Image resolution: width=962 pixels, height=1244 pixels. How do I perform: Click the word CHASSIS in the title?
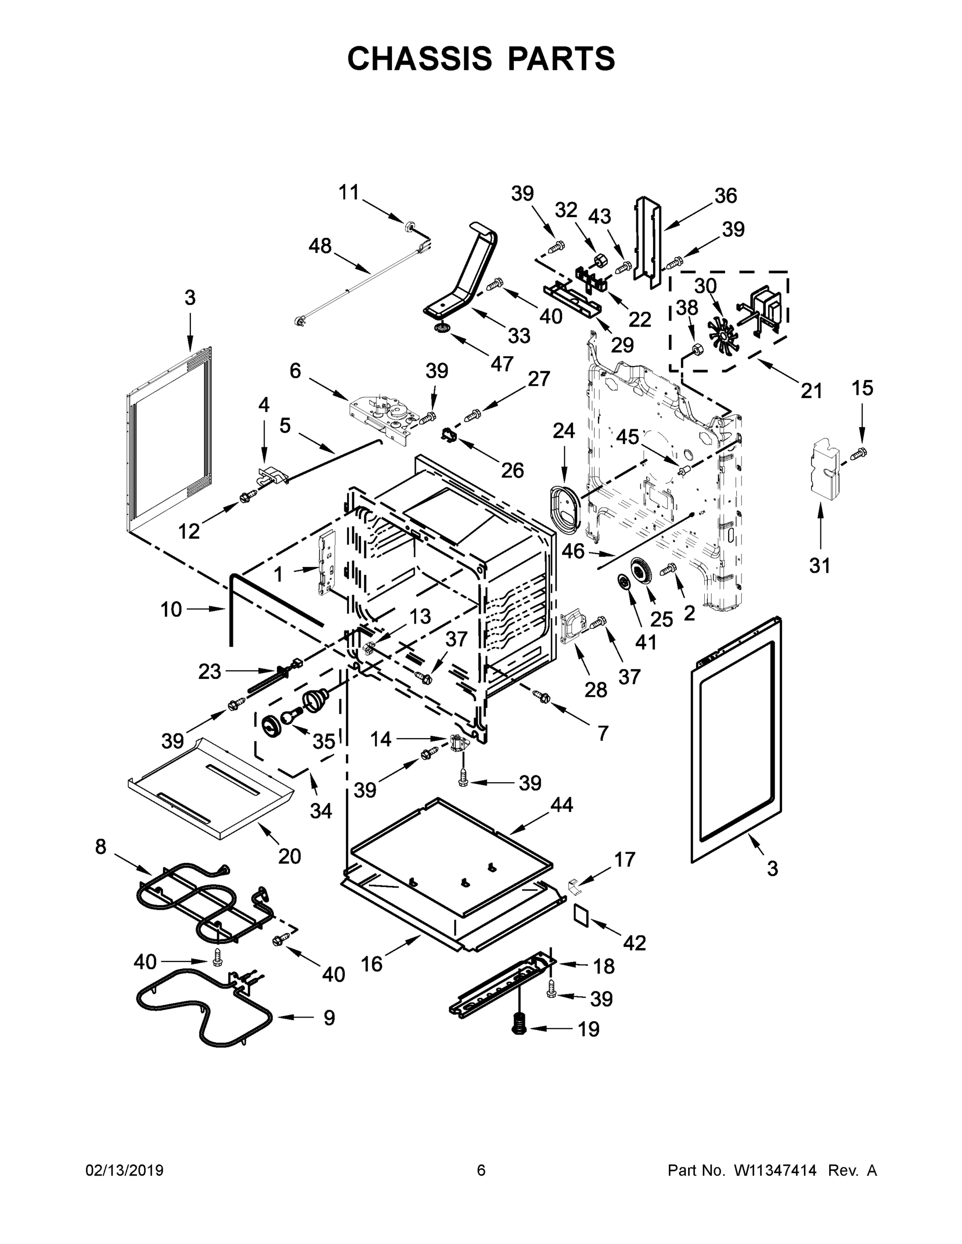pos(420,59)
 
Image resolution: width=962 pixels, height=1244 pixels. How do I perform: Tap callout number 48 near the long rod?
pos(320,246)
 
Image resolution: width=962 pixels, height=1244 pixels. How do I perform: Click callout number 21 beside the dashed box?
pos(812,391)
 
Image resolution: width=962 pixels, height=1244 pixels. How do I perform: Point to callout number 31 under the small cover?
pos(819,566)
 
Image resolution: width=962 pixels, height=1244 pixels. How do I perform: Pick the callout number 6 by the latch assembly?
pos(295,371)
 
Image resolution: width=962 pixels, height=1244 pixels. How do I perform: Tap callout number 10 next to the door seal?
pos(171,610)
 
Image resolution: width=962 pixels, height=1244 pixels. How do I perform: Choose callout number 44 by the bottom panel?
pos(561,804)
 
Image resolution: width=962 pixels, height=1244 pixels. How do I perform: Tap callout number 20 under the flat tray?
pos(289,856)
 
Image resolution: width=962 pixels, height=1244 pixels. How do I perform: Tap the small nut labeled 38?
pos(696,349)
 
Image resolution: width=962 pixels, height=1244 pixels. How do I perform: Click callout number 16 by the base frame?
pos(372,964)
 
